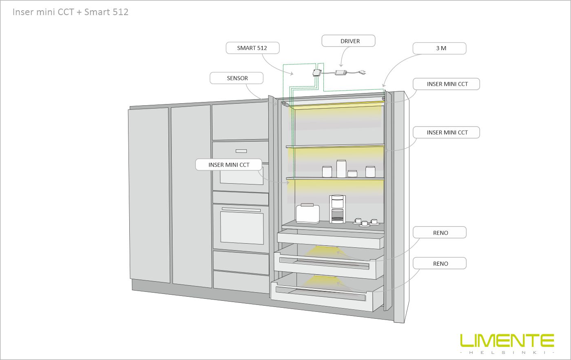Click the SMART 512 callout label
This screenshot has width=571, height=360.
tap(252, 48)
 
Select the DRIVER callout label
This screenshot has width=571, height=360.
tap(348, 41)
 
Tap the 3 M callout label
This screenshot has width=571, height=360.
tap(440, 48)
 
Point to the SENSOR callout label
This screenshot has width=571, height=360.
tap(237, 78)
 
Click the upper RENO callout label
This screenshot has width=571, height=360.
tap(440, 232)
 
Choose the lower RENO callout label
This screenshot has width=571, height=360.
tap(440, 263)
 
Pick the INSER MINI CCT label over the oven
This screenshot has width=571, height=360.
tap(229, 165)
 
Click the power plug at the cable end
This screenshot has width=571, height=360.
tap(363, 73)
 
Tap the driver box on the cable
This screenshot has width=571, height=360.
tap(341, 73)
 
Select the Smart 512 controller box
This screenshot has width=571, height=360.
tap(317, 73)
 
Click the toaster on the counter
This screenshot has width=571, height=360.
tap(308, 213)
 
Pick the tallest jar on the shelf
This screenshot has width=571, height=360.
tap(341, 169)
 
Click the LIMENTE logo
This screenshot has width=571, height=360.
tap(507, 340)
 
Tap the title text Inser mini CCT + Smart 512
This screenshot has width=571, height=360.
tap(70, 12)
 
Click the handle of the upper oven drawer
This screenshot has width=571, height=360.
tap(241, 151)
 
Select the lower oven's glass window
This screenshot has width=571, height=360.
tap(241, 228)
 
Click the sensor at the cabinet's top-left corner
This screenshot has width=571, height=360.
tap(285, 104)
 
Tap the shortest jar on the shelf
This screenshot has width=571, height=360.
tap(352, 174)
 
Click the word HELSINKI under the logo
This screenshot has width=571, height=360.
tap(507, 353)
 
